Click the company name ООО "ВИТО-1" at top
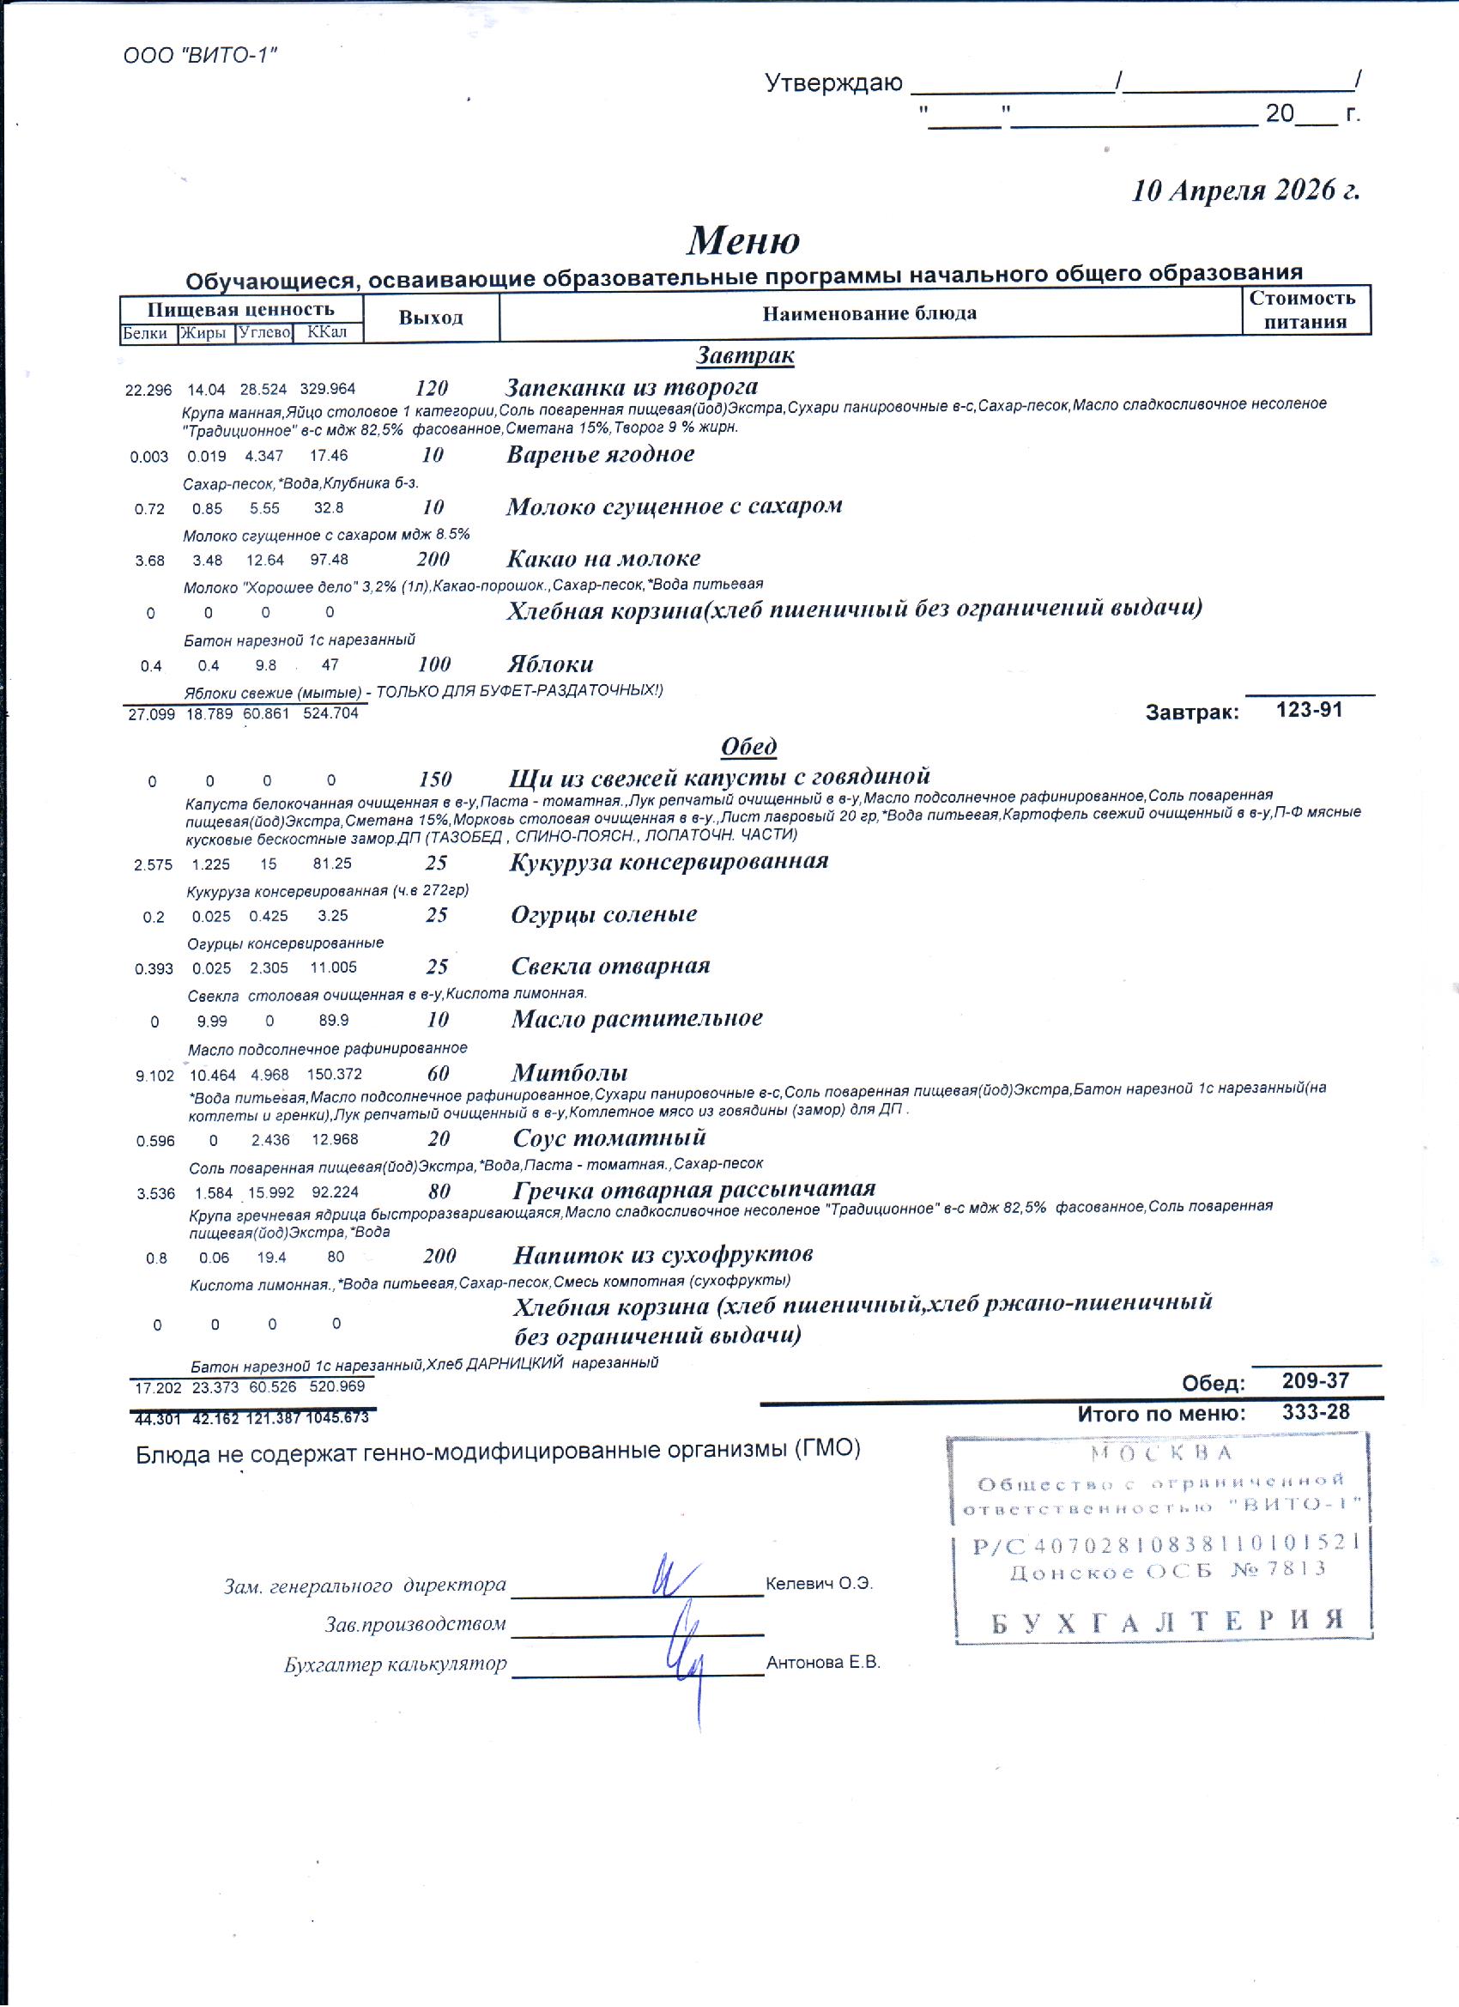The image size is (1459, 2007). pos(200,56)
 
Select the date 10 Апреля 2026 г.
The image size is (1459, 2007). pos(1246,191)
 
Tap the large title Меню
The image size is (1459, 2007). pos(743,240)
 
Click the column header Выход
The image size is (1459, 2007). pos(431,318)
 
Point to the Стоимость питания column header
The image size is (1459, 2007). pos(1305,310)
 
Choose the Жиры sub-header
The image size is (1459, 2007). pos(203,334)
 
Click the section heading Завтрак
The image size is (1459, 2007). pos(745,355)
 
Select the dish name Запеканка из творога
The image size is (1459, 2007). pos(632,386)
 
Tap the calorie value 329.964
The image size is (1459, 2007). pos(327,389)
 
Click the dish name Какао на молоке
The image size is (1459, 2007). pos(603,558)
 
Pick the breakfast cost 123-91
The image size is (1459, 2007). pos(1309,710)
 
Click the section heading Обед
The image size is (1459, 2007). pos(748,746)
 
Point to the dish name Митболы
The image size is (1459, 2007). pos(570,1072)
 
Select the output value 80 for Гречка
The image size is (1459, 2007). pos(439,1191)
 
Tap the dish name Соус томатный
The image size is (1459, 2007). pos(609,1137)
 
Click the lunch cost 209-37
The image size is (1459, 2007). pos(1316,1380)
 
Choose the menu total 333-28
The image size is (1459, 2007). pos(1316,1412)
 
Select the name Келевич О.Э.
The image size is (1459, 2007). pos(819,1583)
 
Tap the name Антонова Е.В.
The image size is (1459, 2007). pos(823,1662)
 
